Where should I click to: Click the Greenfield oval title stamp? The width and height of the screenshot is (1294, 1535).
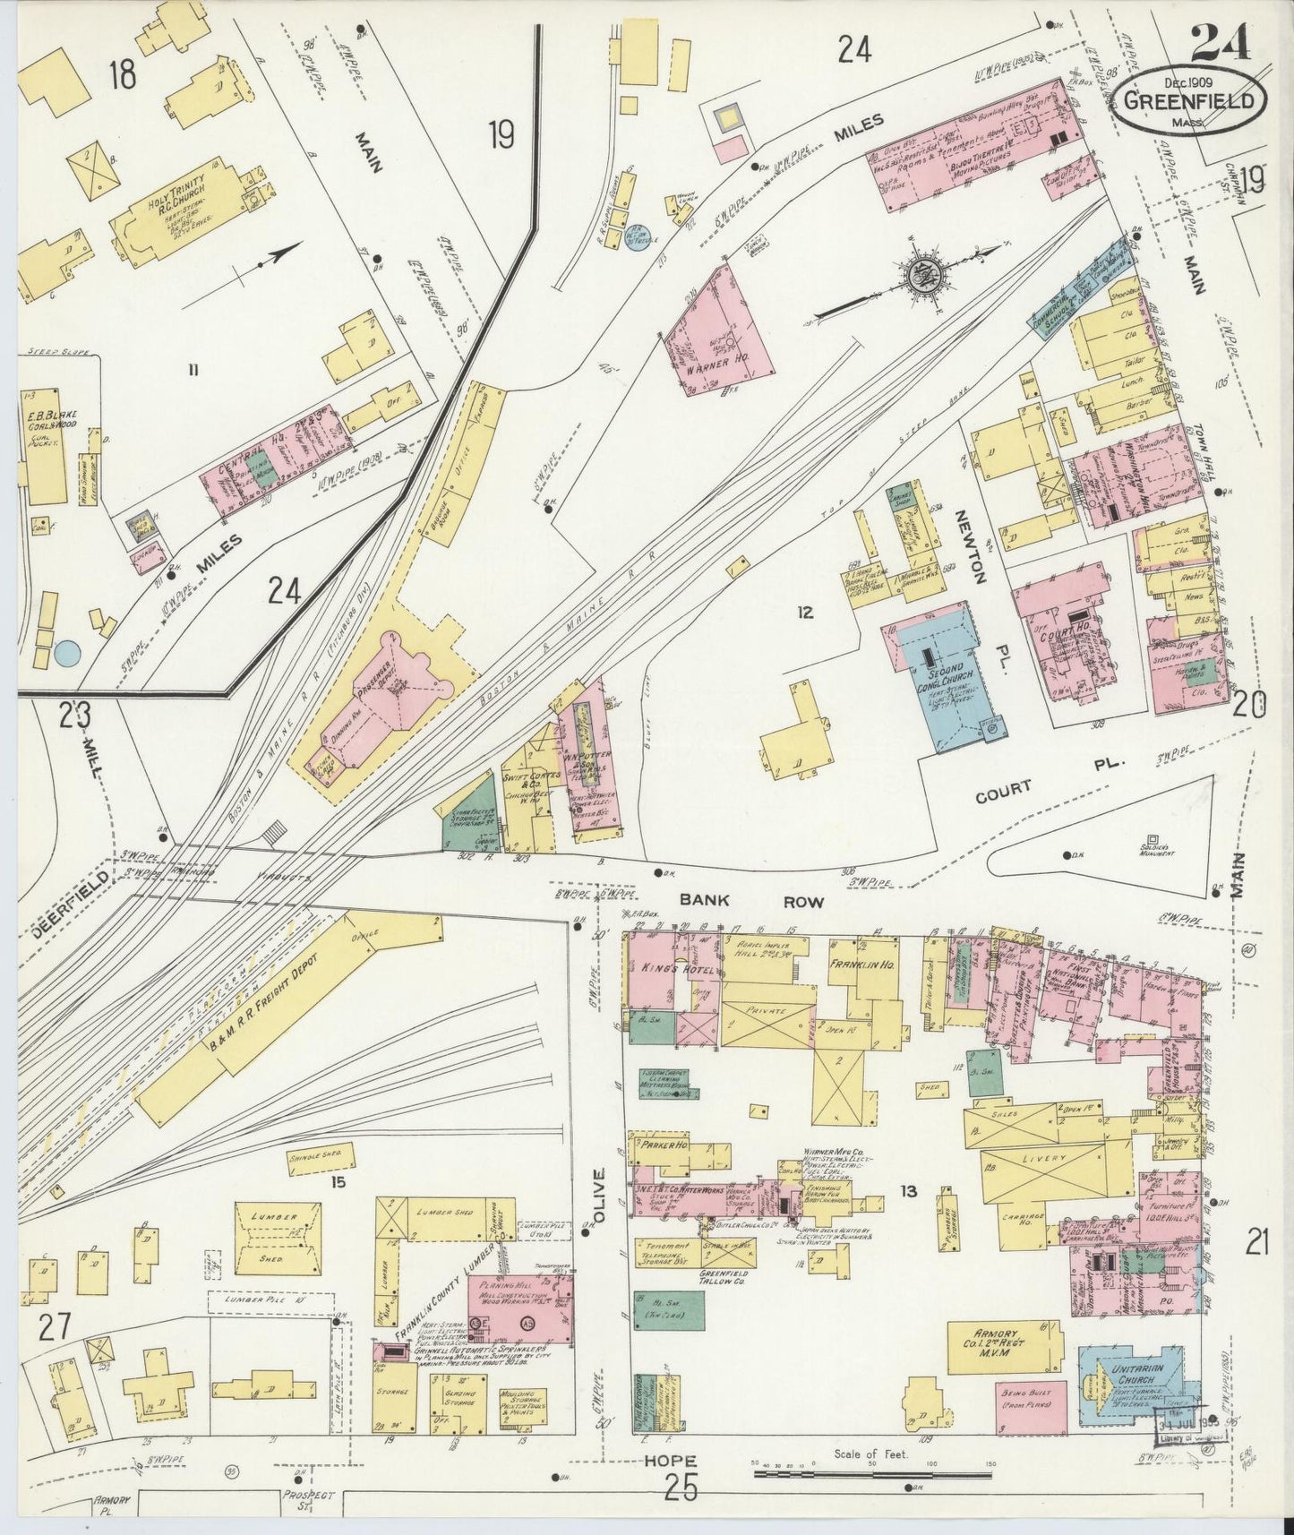tap(1190, 99)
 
